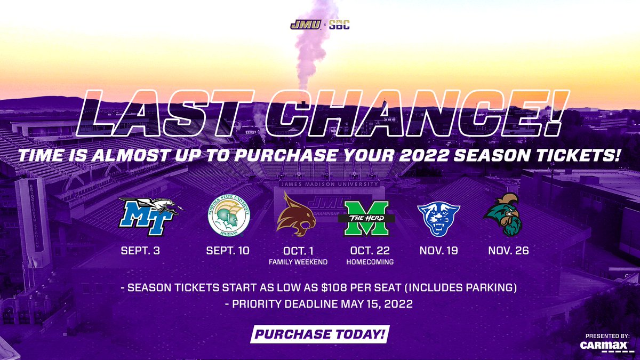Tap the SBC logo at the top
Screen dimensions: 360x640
[339, 25]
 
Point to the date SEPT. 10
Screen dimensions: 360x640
[228, 251]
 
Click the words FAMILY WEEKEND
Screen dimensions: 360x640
[298, 262]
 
